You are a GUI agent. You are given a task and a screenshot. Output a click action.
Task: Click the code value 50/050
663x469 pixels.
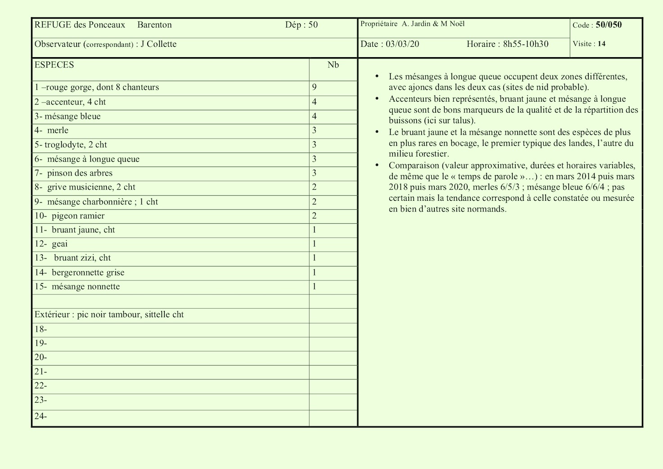point(609,25)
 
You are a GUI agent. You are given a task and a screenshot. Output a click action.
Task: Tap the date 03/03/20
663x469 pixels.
point(402,44)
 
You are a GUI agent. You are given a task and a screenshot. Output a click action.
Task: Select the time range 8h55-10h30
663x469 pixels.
point(526,44)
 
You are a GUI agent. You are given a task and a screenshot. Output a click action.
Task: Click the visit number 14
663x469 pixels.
point(602,44)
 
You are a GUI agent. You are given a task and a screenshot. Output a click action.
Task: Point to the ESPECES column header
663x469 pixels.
point(54,65)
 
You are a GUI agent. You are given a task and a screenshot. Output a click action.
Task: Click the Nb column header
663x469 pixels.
point(333,65)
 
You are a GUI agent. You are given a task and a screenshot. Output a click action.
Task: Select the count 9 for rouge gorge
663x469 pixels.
point(314,87)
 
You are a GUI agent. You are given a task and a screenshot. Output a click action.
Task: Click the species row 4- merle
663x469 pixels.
point(52,131)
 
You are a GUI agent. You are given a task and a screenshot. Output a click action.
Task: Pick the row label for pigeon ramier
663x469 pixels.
point(70,216)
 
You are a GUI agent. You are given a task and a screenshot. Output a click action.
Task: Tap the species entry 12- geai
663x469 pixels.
point(51,244)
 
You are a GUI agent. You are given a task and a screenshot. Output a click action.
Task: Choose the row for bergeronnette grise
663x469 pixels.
point(80,272)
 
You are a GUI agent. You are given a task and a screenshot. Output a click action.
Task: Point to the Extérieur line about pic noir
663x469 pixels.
point(109,315)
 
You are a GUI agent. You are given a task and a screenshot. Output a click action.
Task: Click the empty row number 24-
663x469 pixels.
point(41,416)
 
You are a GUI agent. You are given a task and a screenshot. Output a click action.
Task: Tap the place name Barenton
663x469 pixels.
point(154,25)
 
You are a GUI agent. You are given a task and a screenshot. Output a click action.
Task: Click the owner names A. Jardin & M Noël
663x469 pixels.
point(433,24)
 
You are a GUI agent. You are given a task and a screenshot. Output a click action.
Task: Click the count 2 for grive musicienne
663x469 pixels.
point(314,187)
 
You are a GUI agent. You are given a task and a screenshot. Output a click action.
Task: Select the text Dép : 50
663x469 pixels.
point(301,25)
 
